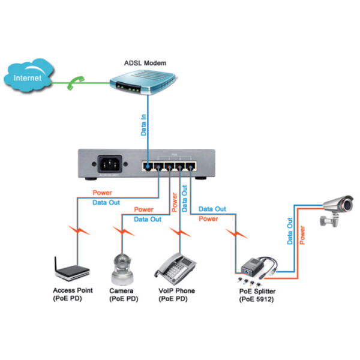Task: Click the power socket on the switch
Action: [x=109, y=163]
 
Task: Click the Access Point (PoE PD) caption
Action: [x=73, y=295]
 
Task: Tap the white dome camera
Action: [x=123, y=268]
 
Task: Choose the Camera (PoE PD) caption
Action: [x=123, y=295]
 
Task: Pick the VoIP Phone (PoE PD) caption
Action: [x=176, y=295]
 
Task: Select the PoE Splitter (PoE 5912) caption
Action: [x=257, y=295]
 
